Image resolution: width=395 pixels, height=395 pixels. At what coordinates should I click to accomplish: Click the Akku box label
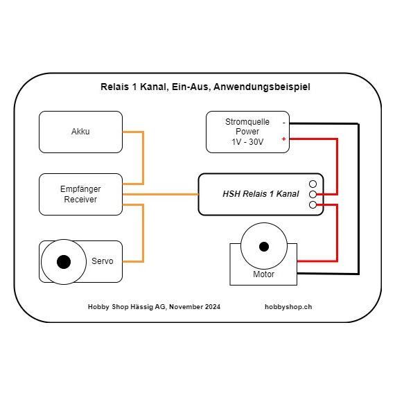80,132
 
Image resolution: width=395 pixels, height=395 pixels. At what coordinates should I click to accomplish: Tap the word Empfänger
80,189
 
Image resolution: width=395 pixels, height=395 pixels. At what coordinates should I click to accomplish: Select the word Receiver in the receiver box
80,200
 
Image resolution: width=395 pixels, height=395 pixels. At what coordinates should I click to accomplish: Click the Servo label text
103,261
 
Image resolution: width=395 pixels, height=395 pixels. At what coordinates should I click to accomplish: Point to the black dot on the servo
64,262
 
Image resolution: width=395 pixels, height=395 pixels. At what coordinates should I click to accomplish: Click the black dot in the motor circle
264,247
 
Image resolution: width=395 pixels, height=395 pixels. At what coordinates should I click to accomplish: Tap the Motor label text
263,274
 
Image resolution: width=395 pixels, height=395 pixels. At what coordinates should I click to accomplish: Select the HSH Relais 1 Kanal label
261,194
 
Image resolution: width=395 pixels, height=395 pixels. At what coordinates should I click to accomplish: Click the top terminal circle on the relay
313,184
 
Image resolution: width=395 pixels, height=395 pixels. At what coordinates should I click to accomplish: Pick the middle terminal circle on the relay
313,195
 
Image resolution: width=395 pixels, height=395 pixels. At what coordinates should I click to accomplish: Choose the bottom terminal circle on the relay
313,205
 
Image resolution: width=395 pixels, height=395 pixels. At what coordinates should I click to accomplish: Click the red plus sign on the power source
283,139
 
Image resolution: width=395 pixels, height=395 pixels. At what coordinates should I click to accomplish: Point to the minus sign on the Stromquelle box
284,123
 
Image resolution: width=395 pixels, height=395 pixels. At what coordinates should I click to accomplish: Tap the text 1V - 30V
247,142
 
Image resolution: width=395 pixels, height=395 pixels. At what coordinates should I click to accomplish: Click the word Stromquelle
247,122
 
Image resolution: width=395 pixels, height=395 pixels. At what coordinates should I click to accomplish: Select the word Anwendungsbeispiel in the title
262,87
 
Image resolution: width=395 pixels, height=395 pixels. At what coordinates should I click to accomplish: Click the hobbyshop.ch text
288,307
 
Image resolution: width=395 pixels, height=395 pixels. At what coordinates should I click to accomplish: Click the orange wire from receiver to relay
161,194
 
